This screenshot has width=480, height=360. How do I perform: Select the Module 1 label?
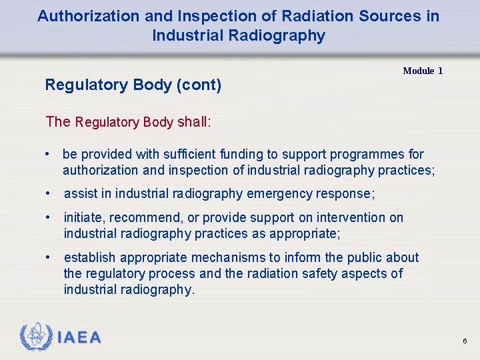tap(423, 71)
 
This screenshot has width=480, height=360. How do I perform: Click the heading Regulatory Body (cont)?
tap(133, 85)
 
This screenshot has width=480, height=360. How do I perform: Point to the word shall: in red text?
tap(194, 121)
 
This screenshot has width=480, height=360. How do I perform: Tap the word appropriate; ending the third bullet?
tap(305, 234)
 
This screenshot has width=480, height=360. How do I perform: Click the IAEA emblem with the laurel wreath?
tap(36, 337)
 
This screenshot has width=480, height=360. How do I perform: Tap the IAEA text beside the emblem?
tap(79, 338)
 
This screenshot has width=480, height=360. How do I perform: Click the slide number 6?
tap(465, 341)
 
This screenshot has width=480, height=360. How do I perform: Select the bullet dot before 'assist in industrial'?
tap(49, 194)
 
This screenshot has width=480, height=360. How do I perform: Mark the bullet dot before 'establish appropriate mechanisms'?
tap(49, 257)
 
